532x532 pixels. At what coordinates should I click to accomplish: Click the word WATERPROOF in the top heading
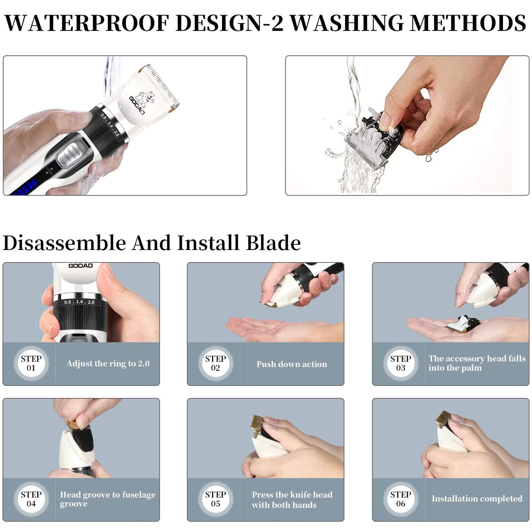click(x=87, y=23)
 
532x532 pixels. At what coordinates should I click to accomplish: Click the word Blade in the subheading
click(x=273, y=243)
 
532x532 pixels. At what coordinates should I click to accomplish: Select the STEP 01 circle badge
click(x=31, y=363)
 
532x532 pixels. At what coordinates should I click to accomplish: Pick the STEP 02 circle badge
click(x=216, y=363)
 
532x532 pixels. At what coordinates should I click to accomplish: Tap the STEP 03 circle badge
click(x=401, y=363)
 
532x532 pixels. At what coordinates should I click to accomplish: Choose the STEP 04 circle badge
click(x=31, y=499)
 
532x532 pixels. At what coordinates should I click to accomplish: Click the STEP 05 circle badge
click(x=216, y=499)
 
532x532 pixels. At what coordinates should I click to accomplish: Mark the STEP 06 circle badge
click(x=401, y=499)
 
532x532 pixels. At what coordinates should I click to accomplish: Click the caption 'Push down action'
click(x=292, y=364)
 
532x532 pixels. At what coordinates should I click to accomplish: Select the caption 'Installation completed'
click(x=477, y=498)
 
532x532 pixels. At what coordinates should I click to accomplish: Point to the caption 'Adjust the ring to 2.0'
click(x=108, y=364)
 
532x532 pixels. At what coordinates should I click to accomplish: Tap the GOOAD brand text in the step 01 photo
click(x=81, y=266)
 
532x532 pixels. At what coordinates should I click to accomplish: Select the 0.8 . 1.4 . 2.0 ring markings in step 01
click(x=80, y=302)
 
